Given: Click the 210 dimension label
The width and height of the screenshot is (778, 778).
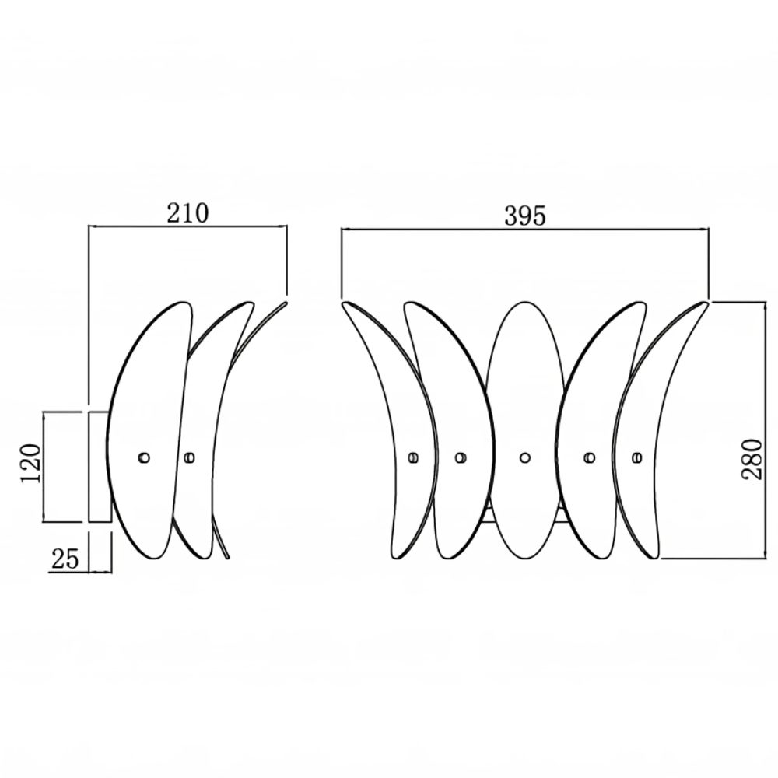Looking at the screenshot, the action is click(x=187, y=213).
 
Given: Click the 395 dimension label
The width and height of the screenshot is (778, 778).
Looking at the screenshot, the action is click(x=525, y=216).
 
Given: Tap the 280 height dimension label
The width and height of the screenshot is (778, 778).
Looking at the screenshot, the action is click(x=752, y=459).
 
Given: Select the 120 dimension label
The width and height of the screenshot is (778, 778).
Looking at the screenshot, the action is click(x=31, y=464).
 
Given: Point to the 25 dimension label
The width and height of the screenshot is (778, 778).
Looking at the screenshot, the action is click(x=65, y=559).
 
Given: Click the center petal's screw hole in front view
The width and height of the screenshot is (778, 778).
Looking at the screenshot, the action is click(x=525, y=457).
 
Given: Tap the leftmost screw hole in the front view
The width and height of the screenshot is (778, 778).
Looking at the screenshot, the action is click(x=413, y=457).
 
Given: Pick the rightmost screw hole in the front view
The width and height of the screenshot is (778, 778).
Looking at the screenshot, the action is click(x=638, y=457).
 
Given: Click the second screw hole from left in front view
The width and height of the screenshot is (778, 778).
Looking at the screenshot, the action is click(x=461, y=457).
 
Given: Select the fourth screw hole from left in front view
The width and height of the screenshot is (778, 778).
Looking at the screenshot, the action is click(x=590, y=457).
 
